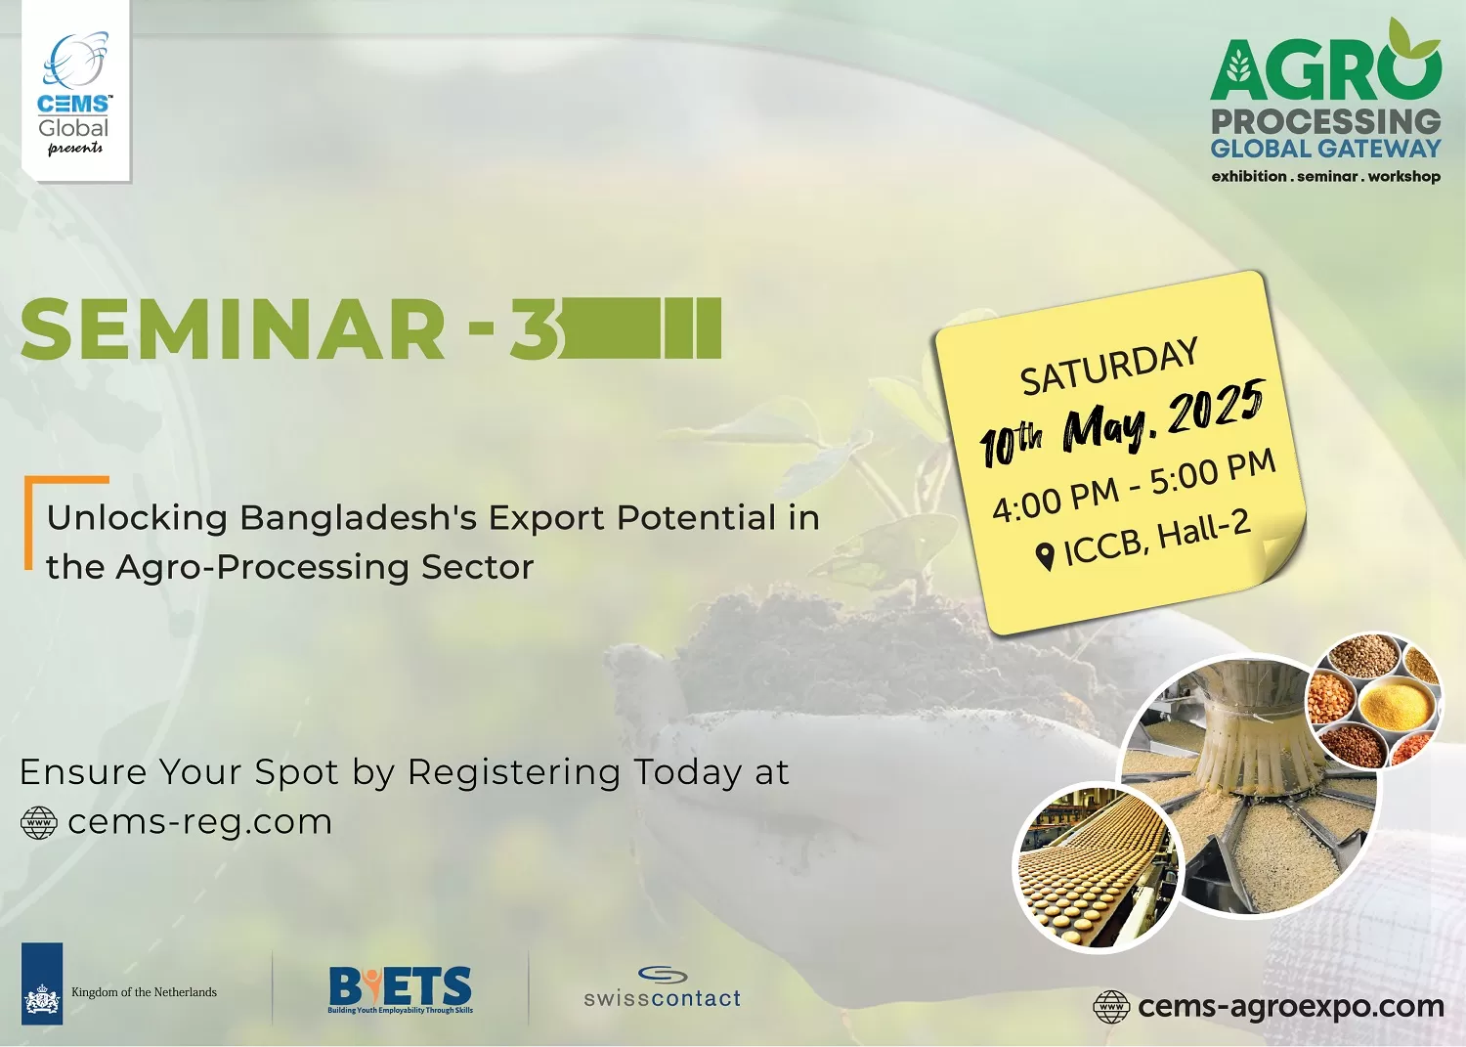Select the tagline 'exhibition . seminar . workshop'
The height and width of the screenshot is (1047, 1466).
pyautogui.click(x=1326, y=176)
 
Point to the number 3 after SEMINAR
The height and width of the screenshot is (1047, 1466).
pyautogui.click(x=534, y=328)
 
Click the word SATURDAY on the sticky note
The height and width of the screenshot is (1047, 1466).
pyautogui.click(x=1108, y=367)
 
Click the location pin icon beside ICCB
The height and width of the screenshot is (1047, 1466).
pyautogui.click(x=1045, y=557)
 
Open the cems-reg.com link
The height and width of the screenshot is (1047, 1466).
pyautogui.click(x=199, y=822)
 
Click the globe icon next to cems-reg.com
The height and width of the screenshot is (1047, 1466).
pyautogui.click(x=39, y=823)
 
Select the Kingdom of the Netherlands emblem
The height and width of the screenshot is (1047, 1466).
pyautogui.click(x=42, y=983)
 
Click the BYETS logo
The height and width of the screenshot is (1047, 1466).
pyautogui.click(x=400, y=989)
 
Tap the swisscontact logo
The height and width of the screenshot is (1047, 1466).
pyautogui.click(x=663, y=986)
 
